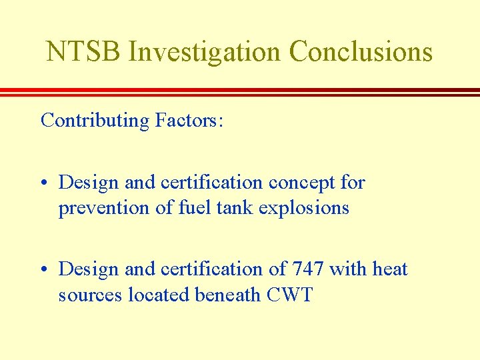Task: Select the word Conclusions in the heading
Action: [361, 51]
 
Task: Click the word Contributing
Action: [95, 121]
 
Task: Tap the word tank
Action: [235, 208]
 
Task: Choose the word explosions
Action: [304, 209]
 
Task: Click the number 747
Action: [308, 269]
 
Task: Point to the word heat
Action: [390, 269]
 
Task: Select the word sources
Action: [85, 295]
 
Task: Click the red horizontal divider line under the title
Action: [240, 92]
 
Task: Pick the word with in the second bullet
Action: [348, 269]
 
